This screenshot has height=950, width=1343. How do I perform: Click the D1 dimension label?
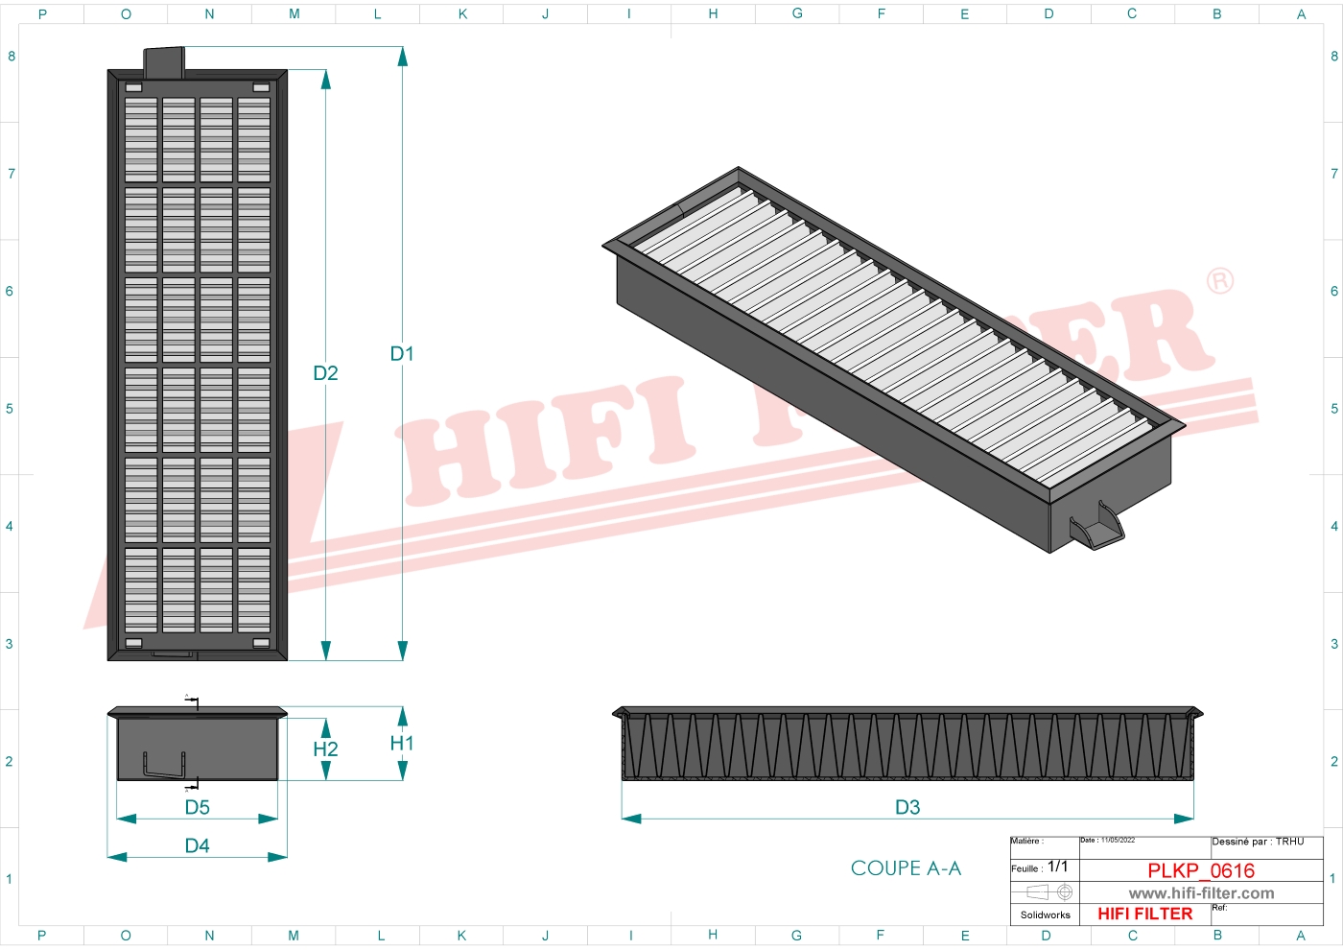(402, 354)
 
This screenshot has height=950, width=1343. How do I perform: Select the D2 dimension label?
(325, 373)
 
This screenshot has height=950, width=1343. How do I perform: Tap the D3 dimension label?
(907, 807)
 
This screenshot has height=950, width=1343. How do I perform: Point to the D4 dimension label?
(197, 845)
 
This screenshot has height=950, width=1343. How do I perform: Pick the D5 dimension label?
(197, 807)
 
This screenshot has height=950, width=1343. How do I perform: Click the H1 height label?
(402, 744)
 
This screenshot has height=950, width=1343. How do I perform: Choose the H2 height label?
(325, 749)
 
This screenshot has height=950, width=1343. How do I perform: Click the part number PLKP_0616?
(1201, 870)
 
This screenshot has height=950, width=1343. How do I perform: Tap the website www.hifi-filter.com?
(1201, 893)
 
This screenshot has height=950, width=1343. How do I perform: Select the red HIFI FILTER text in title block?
(1144, 914)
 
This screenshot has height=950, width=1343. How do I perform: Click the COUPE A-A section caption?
(906, 868)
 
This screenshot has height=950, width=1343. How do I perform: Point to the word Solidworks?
(1045, 915)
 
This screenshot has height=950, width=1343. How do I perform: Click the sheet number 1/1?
(1057, 867)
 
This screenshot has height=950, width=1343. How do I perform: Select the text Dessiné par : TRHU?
(1258, 842)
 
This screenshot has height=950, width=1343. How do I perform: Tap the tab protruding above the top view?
(163, 60)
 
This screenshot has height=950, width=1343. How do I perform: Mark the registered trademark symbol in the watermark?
(1220, 281)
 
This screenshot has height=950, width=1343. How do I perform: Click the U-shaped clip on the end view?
(162, 765)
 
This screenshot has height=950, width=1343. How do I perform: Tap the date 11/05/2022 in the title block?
(1118, 841)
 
